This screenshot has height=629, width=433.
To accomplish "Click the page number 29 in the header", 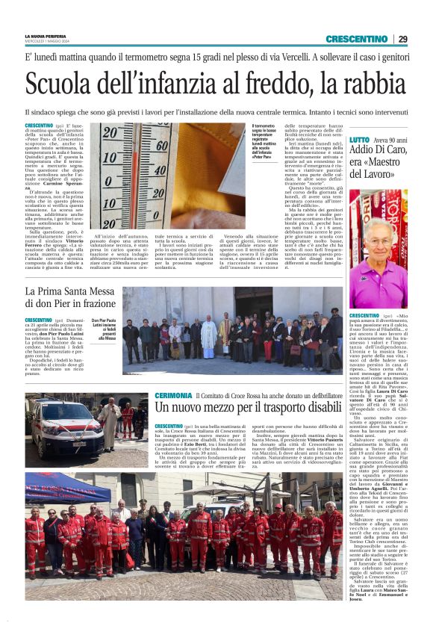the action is (x=402, y=39).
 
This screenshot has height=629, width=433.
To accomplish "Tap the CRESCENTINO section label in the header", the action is (x=357, y=39).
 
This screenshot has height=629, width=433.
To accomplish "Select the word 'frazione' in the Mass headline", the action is (x=93, y=304).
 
